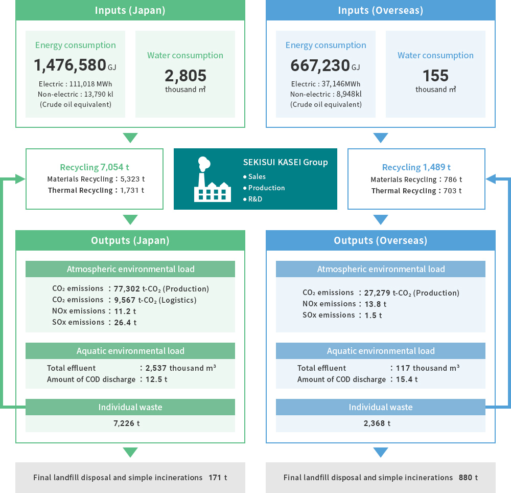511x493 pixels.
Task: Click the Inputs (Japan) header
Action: click(x=130, y=10)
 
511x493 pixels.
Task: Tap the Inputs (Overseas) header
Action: click(x=381, y=10)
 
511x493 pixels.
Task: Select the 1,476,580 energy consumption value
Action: click(x=69, y=65)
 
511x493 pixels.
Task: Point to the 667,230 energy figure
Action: click(x=320, y=65)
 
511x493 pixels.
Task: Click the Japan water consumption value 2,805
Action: click(x=185, y=76)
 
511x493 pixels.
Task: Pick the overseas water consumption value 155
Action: click(x=435, y=76)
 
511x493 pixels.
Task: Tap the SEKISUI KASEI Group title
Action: click(x=285, y=163)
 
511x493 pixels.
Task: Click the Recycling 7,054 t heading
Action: click(x=95, y=167)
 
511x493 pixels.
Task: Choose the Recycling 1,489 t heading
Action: click(x=416, y=167)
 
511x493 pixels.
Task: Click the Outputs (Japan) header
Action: click(x=130, y=240)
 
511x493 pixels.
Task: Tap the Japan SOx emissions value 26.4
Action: click(x=125, y=322)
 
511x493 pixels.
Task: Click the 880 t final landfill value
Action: click(x=468, y=478)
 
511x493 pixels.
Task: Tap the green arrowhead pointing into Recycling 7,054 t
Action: click(x=20, y=179)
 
